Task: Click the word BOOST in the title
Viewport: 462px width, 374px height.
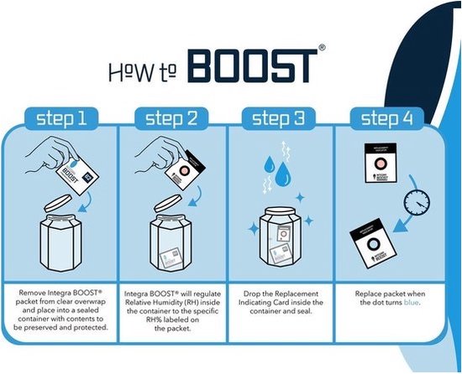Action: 251,65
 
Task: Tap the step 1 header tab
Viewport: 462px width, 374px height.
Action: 62,118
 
